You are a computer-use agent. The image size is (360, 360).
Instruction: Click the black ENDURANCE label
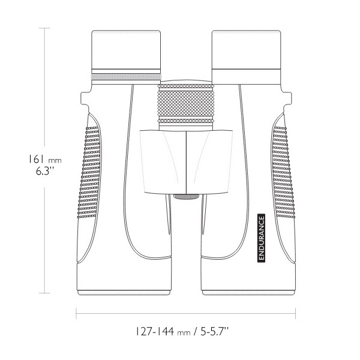click(x=262, y=238)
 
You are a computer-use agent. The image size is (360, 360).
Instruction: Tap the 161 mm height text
click(x=45, y=159)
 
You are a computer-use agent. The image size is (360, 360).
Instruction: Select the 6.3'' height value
click(x=45, y=171)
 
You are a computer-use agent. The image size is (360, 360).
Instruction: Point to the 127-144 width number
click(x=155, y=332)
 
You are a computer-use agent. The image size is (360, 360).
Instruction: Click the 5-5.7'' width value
click(x=215, y=332)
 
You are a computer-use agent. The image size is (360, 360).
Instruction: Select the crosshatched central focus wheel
click(x=186, y=103)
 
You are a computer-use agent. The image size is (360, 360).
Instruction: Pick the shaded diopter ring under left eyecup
click(x=126, y=77)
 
